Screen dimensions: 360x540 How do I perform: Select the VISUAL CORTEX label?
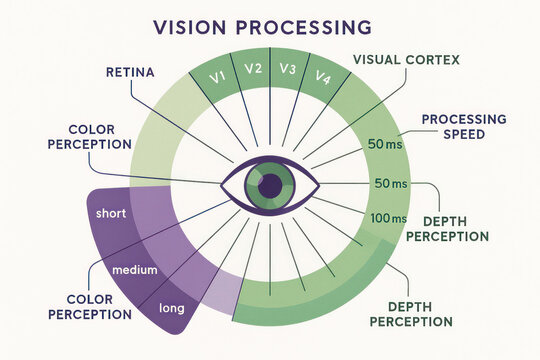click(x=406, y=59)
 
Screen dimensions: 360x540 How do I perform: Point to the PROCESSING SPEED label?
click(x=463, y=126)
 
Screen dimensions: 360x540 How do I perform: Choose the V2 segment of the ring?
click(x=253, y=69)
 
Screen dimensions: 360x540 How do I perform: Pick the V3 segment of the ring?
click(x=287, y=69)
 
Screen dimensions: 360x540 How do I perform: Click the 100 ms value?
click(x=388, y=218)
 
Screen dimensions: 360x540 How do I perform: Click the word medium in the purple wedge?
click(x=134, y=270)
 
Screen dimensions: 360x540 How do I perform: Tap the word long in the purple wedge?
click(x=172, y=309)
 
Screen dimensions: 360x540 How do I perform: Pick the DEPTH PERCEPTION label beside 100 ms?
click(x=455, y=228)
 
